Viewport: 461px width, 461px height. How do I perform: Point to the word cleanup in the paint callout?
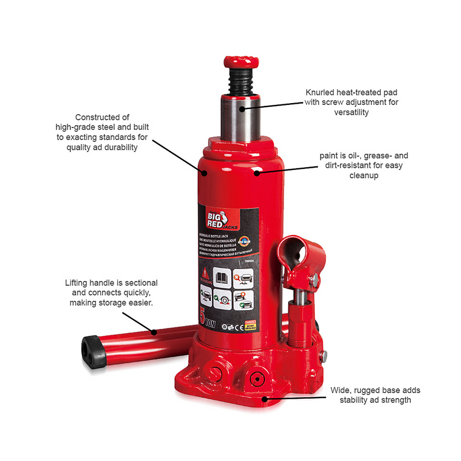(363, 176)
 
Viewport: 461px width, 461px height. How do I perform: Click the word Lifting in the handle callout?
(78, 284)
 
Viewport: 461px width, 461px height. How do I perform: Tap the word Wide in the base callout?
(339, 390)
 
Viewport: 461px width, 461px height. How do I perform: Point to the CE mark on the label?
(238, 327)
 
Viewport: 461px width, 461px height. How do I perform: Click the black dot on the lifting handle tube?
(154, 332)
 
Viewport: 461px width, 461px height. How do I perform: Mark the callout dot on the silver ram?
(243, 107)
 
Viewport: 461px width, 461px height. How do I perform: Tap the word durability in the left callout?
(122, 147)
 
